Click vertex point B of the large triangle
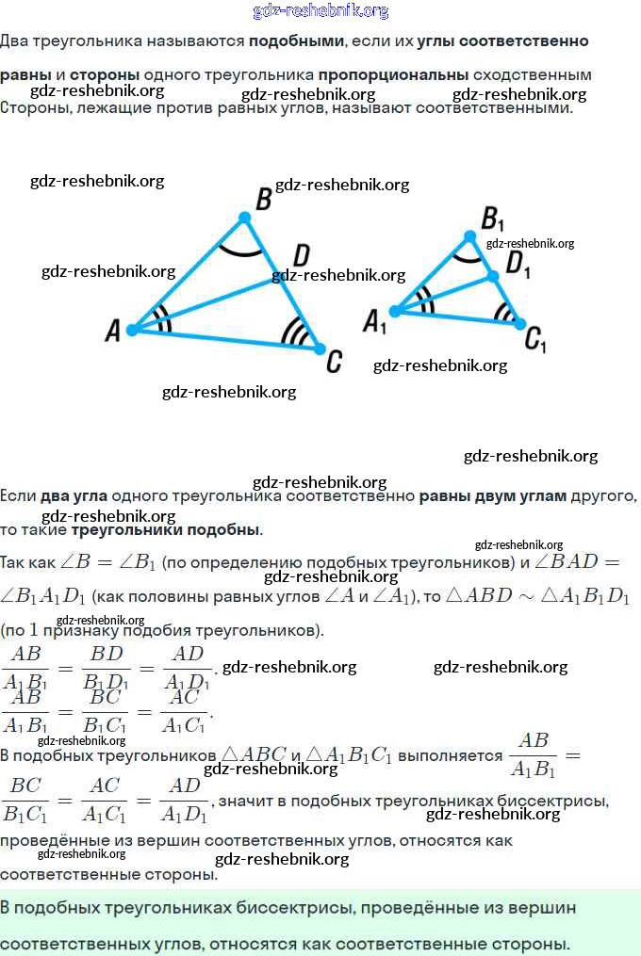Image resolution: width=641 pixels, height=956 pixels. [244, 218]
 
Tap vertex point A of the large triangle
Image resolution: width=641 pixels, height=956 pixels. [133, 330]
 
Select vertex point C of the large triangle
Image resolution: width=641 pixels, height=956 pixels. [319, 348]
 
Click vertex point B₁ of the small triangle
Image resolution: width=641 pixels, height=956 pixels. [470, 235]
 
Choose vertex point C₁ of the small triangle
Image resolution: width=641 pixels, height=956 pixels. [519, 324]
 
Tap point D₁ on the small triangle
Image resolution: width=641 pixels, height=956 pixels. [491, 276]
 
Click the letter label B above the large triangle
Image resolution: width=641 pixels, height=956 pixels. [264, 199]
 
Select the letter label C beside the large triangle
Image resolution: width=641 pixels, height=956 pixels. [333, 361]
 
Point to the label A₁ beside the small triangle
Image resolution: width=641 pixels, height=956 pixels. [375, 323]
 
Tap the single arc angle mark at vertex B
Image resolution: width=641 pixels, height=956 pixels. [239, 249]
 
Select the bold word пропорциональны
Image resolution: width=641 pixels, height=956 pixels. [393, 74]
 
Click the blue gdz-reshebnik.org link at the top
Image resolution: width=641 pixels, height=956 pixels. [320, 11]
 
